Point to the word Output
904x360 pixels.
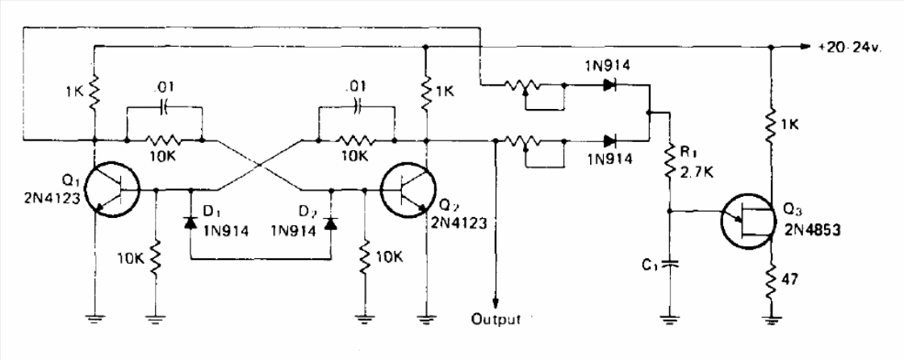(496, 319)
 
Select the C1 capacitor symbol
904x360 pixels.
(669, 263)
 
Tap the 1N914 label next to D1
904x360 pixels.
(226, 232)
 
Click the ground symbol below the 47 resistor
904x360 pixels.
(770, 319)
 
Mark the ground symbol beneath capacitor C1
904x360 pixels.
(669, 319)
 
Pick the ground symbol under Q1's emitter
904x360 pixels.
(94, 319)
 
